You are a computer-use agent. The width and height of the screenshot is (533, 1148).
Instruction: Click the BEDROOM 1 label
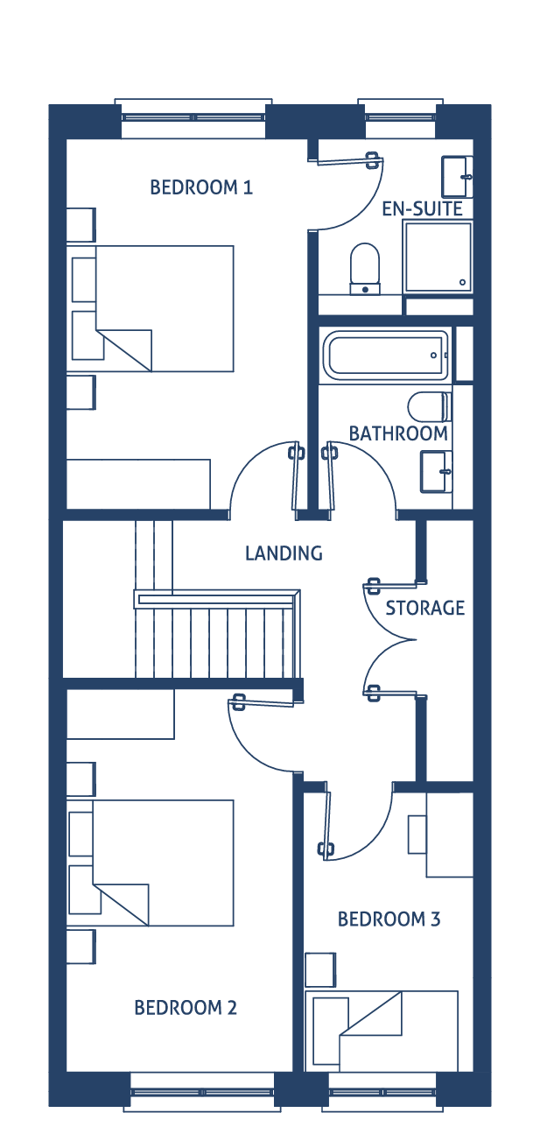click(201, 187)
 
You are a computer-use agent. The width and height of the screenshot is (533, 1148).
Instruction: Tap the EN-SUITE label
click(423, 209)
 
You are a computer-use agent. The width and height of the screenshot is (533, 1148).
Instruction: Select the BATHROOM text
click(398, 433)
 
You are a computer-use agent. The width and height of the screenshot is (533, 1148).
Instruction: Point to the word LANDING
click(284, 553)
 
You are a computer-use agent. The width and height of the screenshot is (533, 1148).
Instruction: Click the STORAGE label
click(425, 609)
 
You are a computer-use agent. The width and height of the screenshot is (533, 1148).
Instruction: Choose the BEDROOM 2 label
click(186, 1008)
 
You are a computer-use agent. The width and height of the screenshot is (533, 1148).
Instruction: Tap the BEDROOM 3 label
click(389, 919)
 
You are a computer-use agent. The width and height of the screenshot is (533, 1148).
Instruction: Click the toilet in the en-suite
click(365, 269)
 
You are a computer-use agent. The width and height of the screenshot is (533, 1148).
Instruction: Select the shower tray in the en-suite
click(438, 257)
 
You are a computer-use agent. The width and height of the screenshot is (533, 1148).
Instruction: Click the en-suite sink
click(457, 177)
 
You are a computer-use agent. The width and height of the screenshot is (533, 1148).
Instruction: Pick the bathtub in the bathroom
click(386, 356)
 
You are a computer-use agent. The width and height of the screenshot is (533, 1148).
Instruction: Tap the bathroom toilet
click(430, 407)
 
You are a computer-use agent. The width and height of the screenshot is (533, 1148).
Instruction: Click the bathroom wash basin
click(436, 471)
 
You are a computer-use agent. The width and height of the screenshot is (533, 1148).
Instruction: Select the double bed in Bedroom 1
click(150, 308)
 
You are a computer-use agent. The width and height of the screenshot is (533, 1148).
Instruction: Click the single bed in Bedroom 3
click(382, 1031)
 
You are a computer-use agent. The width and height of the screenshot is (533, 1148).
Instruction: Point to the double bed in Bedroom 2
click(150, 863)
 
